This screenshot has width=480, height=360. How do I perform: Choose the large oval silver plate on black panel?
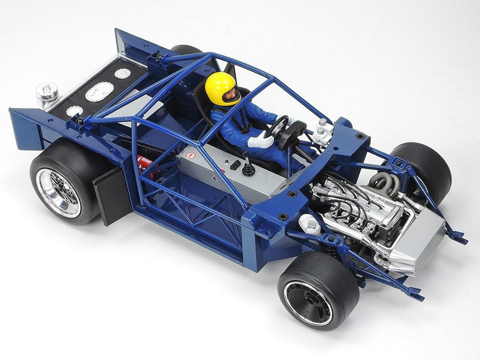pos(99,92)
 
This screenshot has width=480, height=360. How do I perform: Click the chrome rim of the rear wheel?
pos(58,192)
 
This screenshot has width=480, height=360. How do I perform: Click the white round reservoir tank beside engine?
pos(309,225)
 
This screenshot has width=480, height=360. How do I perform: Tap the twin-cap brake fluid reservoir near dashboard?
pos(323,132)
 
